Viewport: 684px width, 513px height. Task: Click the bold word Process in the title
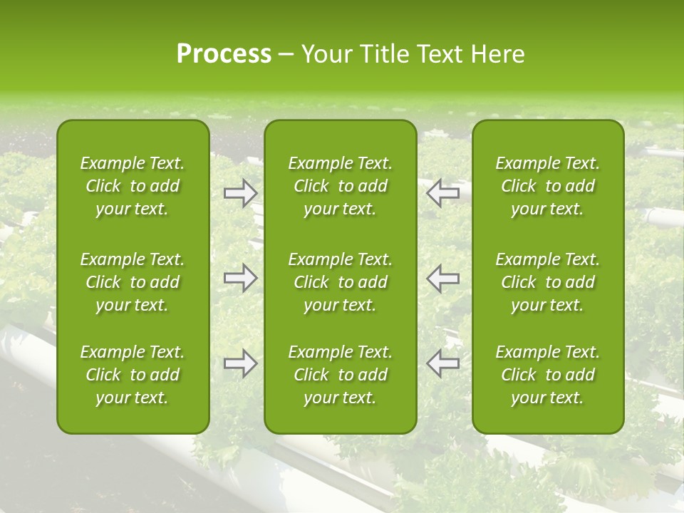coord(224,54)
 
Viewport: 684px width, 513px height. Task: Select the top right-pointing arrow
coord(240,193)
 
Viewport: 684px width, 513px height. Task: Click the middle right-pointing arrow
coord(240,278)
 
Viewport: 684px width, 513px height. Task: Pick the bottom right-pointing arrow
coord(240,363)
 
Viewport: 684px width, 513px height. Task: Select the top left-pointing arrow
coord(443,193)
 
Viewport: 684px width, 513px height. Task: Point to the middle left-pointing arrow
coord(443,278)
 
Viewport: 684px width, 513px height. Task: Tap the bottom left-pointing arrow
coord(443,363)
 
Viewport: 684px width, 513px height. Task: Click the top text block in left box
coord(133,186)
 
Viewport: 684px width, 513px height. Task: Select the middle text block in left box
coord(133,282)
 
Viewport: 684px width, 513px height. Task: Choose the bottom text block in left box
coord(133,375)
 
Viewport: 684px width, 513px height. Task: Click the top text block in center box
coord(341,186)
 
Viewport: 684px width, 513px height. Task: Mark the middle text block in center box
coord(341,282)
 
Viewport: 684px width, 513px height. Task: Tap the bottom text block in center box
coord(341,375)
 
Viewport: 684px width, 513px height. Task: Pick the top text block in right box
coord(548,186)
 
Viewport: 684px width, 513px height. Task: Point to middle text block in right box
coord(548,282)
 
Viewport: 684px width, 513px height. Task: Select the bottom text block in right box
coord(548,375)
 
